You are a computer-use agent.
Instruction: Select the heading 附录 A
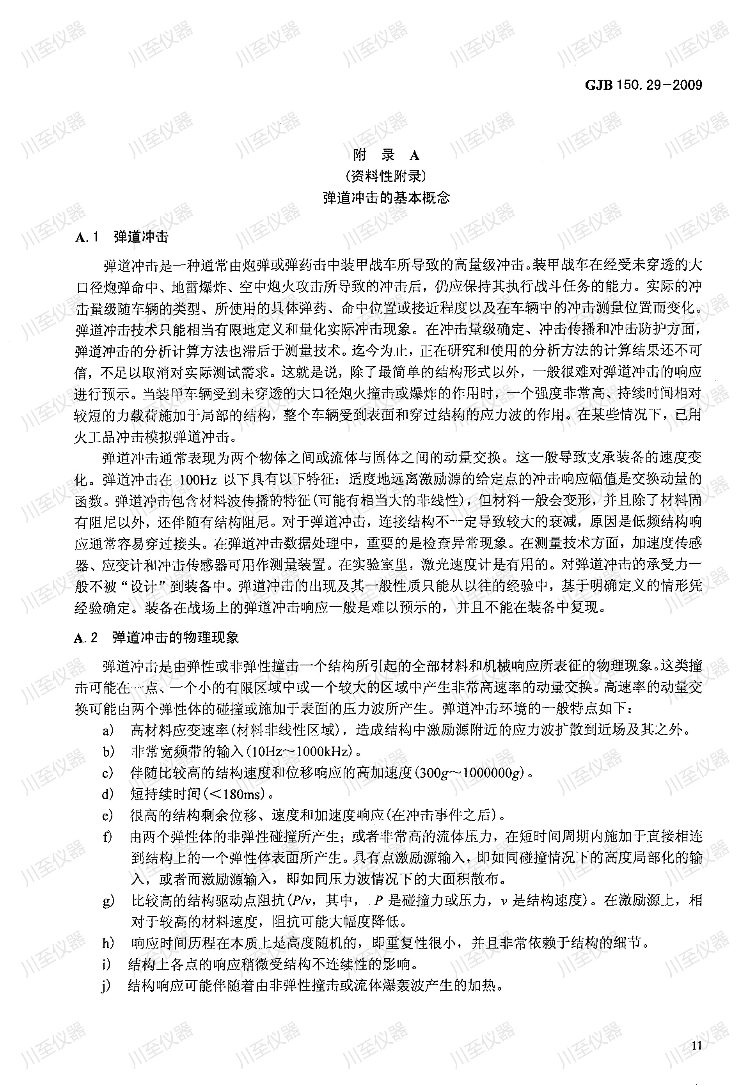[386, 155]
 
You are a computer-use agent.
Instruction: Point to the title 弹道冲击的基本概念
[386, 197]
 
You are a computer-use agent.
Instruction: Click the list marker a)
[108, 730]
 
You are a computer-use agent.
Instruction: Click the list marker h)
[108, 943]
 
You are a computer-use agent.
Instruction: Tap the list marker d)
[108, 794]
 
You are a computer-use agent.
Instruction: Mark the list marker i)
[107, 965]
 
